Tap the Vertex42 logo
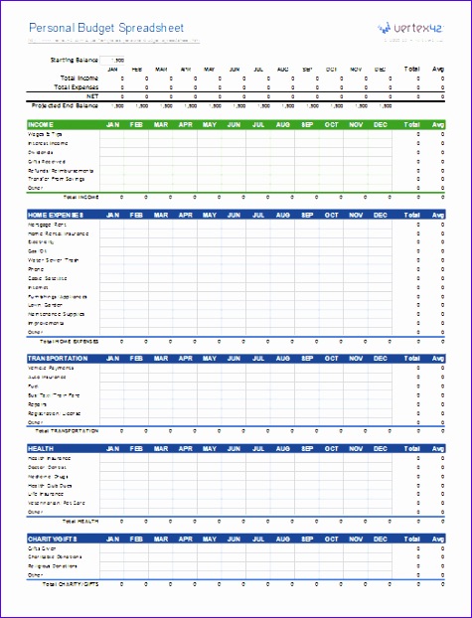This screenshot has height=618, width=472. coord(404,30)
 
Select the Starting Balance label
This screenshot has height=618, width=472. coord(74,60)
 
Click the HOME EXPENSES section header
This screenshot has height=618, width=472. coord(56,214)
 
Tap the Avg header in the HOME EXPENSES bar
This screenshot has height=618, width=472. coord(439,214)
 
